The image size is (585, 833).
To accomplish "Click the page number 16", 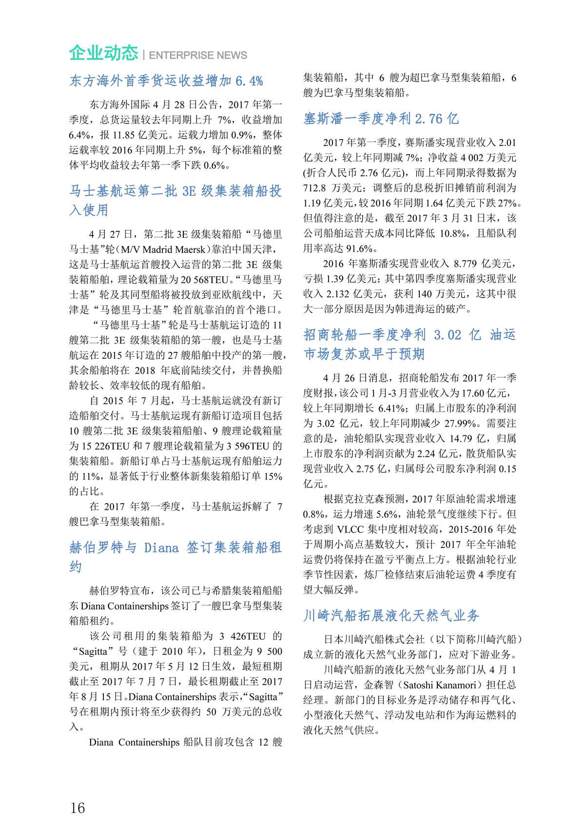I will tap(78, 808).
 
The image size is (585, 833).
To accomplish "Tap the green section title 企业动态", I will tap(103, 53).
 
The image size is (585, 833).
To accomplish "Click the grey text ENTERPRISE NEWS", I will tap(198, 56).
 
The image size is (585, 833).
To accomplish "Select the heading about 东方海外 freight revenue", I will tap(166, 81).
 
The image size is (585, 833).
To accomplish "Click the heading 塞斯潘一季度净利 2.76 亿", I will tap(381, 119).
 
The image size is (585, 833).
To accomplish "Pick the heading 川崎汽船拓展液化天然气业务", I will tap(391, 615).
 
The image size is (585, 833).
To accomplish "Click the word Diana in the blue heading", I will tap(161, 548).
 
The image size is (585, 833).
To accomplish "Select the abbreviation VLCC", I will tap(350, 529).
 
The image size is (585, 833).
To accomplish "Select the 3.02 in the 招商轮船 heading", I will tap(447, 335).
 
